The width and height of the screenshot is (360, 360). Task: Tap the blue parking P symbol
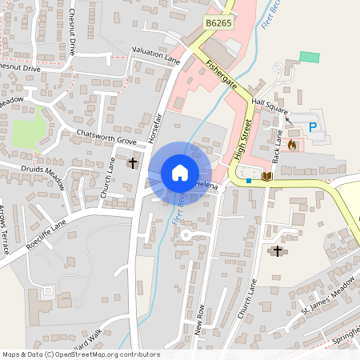point(313,126)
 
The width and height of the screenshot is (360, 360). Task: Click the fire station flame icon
point(292,145)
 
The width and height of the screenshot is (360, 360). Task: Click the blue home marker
point(180,172)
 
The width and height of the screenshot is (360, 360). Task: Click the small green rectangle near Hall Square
point(309,58)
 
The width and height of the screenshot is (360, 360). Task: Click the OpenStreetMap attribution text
point(81,354)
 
